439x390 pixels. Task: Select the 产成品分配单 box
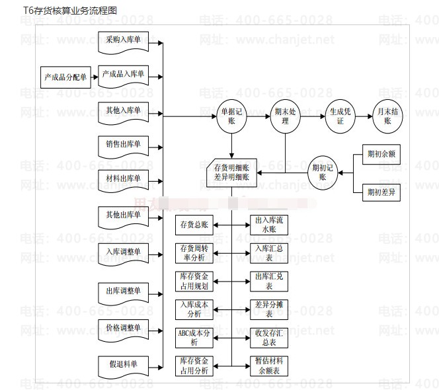click(65, 77)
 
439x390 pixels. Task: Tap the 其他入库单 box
click(123, 110)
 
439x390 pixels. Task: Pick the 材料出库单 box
click(123, 178)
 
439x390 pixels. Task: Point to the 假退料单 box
click(123, 364)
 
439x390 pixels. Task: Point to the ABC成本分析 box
click(194, 337)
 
